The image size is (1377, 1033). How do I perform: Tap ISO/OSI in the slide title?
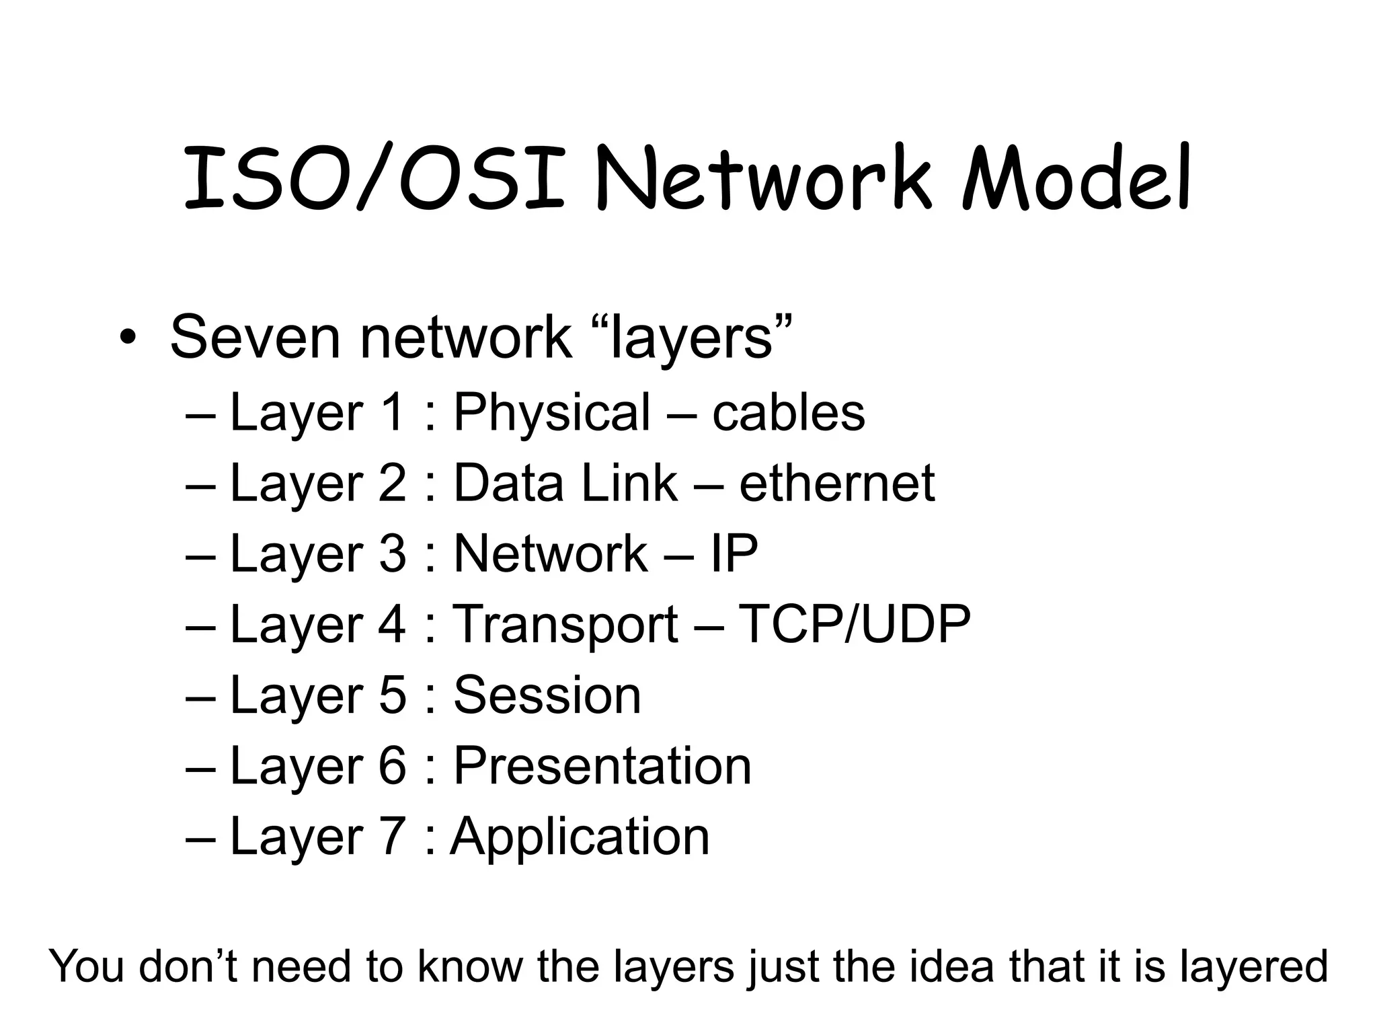pyautogui.click(x=374, y=178)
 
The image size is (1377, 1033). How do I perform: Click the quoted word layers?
pyautogui.click(x=693, y=337)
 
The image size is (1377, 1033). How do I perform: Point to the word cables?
pyautogui.click(x=788, y=412)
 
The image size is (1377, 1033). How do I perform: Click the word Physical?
pyautogui.click(x=552, y=412)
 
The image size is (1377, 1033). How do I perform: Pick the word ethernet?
pyautogui.click(x=836, y=483)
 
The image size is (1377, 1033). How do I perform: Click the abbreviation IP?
pyautogui.click(x=734, y=553)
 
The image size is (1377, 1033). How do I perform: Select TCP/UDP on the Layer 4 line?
pyautogui.click(x=854, y=624)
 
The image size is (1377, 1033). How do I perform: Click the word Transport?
pyautogui.click(x=565, y=624)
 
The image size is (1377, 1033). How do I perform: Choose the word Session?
pyautogui.click(x=547, y=695)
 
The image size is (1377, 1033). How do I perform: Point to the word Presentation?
pyautogui.click(x=602, y=765)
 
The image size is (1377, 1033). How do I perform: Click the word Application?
pyautogui.click(x=580, y=837)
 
